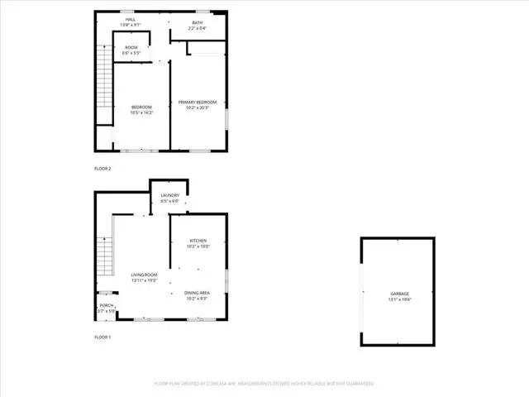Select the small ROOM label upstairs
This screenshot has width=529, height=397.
pos(131,47)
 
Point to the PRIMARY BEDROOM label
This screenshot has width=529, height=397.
pos(198,102)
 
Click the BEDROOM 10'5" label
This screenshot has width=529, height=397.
pos(143,107)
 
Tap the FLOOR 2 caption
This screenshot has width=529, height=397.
pos(102,168)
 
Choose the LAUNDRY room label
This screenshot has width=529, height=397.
pos(170,195)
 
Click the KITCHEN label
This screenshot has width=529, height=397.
pos(198,240)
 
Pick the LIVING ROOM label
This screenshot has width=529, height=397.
pos(143,276)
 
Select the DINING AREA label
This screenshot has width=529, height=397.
pos(197,292)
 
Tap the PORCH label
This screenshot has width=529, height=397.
pos(107,305)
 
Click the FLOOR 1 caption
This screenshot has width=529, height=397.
pos(102,337)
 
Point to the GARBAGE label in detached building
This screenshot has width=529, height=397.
pos(399,294)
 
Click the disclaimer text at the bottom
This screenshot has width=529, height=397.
pos(264,384)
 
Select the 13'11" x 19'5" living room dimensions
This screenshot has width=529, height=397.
pos(143,281)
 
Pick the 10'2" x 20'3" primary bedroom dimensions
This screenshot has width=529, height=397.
pos(198,108)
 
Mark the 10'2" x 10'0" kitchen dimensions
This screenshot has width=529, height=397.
pos(198,246)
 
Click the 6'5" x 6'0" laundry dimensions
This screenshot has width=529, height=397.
pos(170,201)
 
